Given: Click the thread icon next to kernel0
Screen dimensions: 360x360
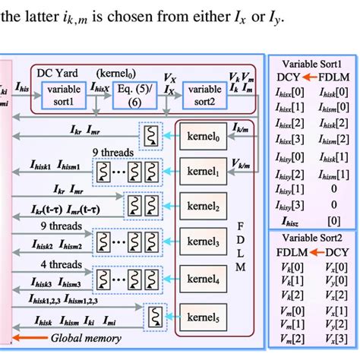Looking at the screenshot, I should (x=150, y=138).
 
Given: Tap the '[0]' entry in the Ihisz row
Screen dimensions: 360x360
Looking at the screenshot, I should (x=333, y=221).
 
